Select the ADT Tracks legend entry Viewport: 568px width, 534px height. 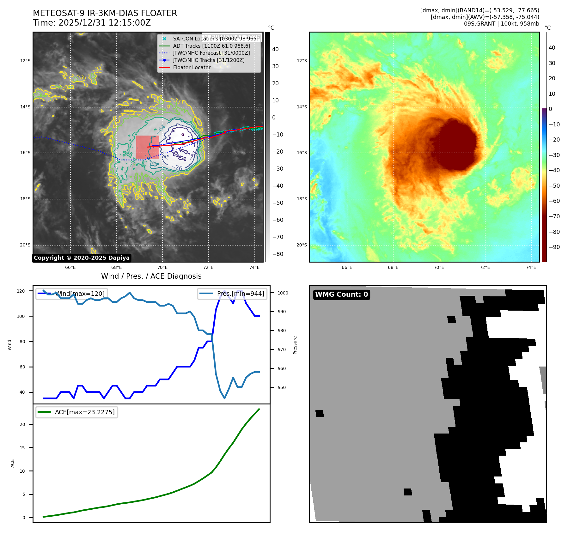pos(211,46)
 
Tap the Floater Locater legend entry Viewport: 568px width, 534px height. pos(192,67)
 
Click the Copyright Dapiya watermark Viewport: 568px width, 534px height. pos(82,258)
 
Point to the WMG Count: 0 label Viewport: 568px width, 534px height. pos(341,294)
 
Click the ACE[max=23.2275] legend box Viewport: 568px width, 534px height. pos(77,412)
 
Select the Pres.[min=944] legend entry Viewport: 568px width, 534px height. pos(233,294)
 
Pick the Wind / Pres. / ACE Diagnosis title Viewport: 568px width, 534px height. pos(151,276)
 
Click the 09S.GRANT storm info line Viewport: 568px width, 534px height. pos(501,24)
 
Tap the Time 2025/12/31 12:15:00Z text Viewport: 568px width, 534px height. pos(92,23)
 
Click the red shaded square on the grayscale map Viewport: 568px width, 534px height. pos(148,147)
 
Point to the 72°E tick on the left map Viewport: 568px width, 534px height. pos(208,267)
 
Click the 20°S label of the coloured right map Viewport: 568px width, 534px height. pos(302,245)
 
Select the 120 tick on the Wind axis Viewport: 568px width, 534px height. pos(21,291)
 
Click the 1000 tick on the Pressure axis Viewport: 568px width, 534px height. pos(283,293)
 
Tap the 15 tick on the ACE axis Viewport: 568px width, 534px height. pos(22,448)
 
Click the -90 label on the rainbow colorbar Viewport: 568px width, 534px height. pos(554,247)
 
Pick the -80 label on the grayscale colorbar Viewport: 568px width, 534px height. pos(278,254)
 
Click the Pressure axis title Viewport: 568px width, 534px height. pos(295,345)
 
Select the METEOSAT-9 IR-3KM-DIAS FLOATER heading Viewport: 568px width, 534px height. pos(105,13)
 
